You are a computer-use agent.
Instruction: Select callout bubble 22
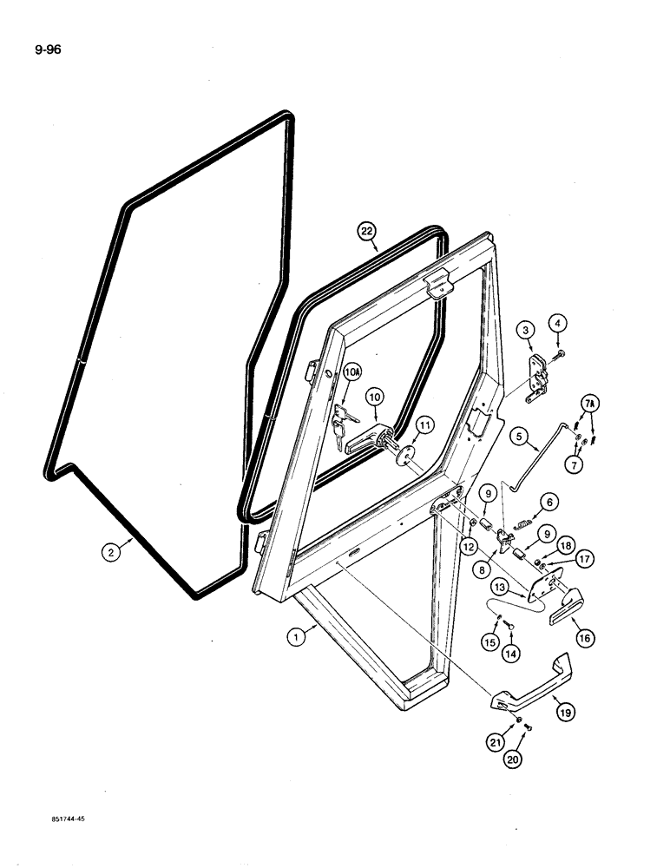click(368, 231)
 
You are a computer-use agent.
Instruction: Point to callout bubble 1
click(297, 636)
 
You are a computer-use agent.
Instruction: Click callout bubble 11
click(424, 424)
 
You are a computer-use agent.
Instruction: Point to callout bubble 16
click(583, 636)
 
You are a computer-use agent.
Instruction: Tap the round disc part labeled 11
click(404, 453)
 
